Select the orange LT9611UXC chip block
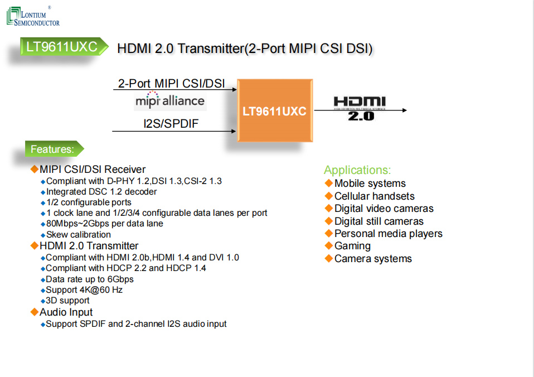click(274, 110)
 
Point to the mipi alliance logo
click(170, 101)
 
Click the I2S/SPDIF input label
click(171, 123)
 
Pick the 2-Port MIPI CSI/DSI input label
click(172, 84)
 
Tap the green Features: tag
click(53, 149)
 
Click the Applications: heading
click(357, 170)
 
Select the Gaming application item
click(352, 246)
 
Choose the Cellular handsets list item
click(374, 196)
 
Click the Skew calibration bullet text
click(79, 234)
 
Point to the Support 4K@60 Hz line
click(84, 290)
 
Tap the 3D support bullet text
click(67, 301)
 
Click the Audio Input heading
click(66, 312)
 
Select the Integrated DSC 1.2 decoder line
click(101, 192)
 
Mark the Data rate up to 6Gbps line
click(90, 279)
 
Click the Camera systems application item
click(373, 259)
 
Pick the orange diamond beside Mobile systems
click(328, 183)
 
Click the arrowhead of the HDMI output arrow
click(404, 110)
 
